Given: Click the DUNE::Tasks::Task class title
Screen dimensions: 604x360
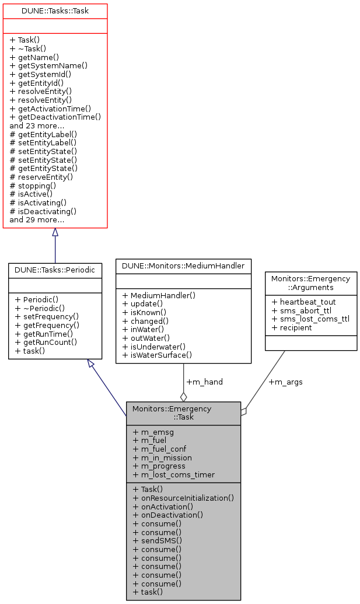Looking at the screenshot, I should [x=55, y=11].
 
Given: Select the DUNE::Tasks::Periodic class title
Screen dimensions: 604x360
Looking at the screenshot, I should [x=55, y=270].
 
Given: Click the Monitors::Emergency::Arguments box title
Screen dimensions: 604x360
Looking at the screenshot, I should [x=310, y=283].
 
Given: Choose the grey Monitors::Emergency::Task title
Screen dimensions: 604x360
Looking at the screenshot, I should [x=183, y=413].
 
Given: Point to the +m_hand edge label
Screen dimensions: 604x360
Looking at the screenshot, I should [x=204, y=382].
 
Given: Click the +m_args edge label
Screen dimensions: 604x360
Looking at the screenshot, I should [x=285, y=382].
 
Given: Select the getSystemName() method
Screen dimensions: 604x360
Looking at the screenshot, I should [x=48, y=65].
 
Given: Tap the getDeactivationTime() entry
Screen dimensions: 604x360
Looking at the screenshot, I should [x=55, y=117].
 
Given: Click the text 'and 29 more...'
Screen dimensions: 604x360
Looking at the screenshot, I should [x=37, y=220].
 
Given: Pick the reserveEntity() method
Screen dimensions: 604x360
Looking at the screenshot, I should [x=41, y=177].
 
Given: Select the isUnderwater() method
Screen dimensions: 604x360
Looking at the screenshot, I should [x=155, y=346].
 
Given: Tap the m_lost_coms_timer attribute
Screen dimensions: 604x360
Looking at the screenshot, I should [x=174, y=474].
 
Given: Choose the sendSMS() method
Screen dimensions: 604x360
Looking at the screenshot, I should [x=157, y=540].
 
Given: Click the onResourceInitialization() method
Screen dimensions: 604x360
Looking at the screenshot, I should [x=183, y=498].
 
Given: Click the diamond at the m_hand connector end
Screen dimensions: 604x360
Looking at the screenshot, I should [x=183, y=397].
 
